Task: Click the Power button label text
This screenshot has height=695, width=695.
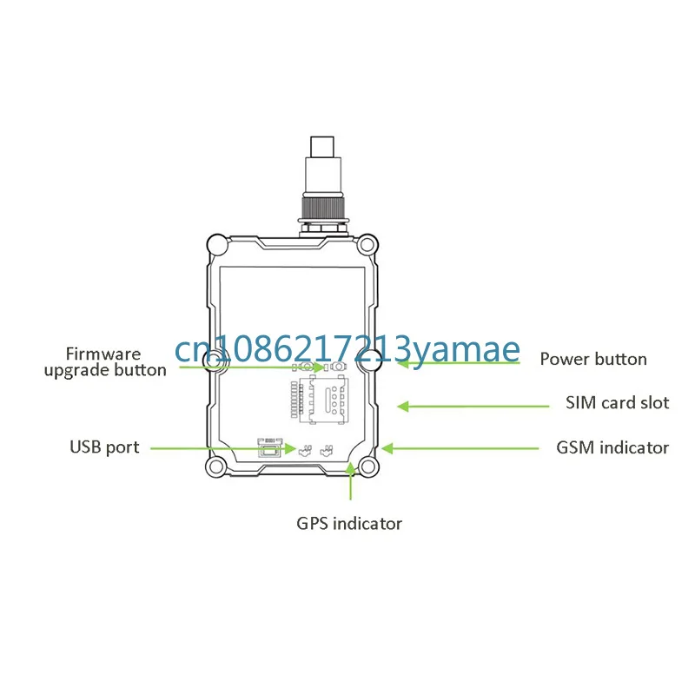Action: (593, 360)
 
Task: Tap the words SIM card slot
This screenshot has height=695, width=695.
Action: (618, 403)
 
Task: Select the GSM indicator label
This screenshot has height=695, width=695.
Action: (612, 448)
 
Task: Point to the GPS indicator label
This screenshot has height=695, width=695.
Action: (350, 523)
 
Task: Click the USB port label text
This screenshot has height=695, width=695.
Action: (104, 447)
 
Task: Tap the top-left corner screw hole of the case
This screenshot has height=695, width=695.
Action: (215, 244)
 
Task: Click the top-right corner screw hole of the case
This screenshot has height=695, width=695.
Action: (368, 244)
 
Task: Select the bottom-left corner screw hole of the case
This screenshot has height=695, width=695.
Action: (215, 468)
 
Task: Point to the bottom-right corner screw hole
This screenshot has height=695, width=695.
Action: (368, 468)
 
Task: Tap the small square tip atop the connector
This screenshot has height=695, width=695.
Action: (325, 143)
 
